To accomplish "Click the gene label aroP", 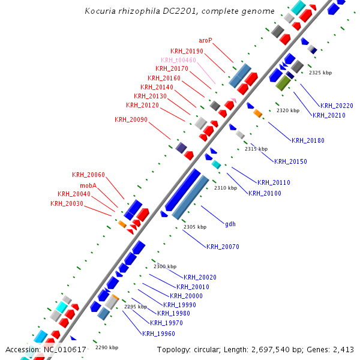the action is (x=206, y=41).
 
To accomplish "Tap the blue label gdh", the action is (x=230, y=224).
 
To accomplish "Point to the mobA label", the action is (x=88, y=185).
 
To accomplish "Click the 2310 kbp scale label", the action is (x=226, y=188).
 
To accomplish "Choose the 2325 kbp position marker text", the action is (x=320, y=73).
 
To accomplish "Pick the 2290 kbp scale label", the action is (x=107, y=347).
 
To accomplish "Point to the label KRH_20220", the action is (x=337, y=106).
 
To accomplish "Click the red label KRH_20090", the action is (x=131, y=119).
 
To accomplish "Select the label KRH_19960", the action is (x=158, y=334).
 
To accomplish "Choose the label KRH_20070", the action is (x=223, y=247).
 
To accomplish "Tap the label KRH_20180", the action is (x=308, y=140).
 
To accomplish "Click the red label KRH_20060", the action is (x=88, y=175).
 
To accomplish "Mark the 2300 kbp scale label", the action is (x=165, y=266).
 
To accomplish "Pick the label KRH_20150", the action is (x=290, y=161).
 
